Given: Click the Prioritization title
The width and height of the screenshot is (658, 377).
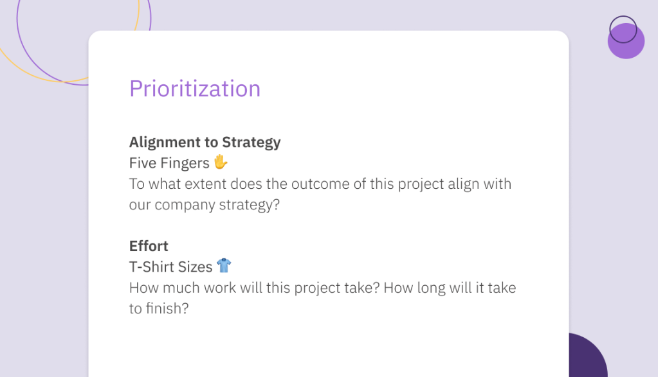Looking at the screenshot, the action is (195, 89).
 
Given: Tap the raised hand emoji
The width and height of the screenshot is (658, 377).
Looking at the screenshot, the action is (221, 162).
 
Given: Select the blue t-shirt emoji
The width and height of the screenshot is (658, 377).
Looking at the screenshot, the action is (224, 266).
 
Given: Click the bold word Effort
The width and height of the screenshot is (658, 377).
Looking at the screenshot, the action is (149, 246).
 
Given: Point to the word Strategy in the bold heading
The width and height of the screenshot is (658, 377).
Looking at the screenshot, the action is (251, 143).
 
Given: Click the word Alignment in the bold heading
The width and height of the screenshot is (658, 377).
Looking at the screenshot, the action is (165, 143).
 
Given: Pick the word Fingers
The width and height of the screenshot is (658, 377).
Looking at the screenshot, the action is (185, 163).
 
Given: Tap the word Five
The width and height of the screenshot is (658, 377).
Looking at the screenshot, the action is (143, 163).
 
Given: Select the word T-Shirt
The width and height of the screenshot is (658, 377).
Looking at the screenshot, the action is (152, 267).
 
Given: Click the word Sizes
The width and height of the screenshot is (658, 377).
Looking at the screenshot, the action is (195, 267).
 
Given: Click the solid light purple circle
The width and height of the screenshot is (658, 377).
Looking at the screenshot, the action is (626, 41).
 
